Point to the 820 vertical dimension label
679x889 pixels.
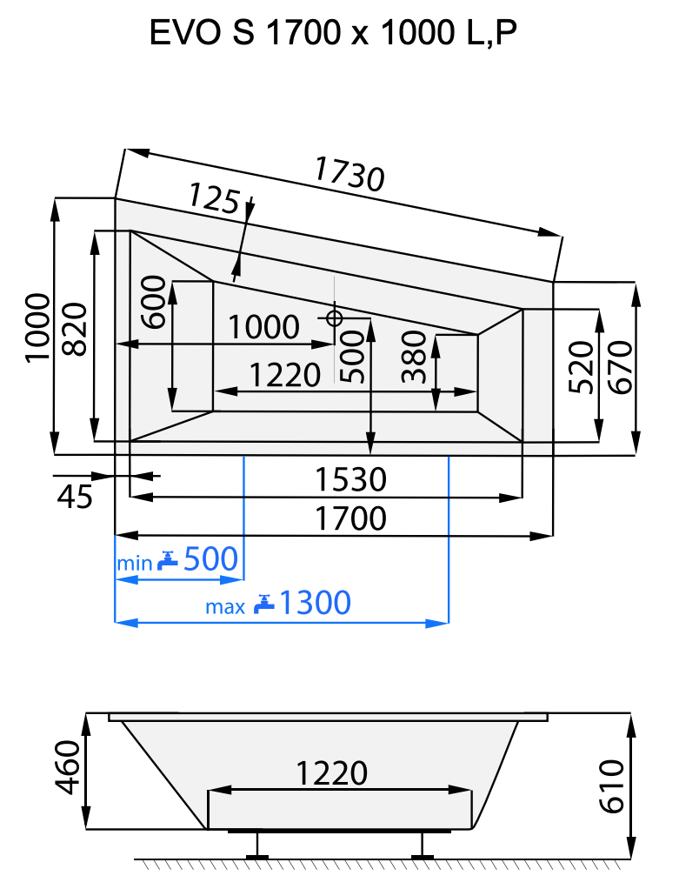(x=76, y=330)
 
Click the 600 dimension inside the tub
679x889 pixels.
(x=154, y=301)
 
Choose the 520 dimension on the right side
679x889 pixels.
(x=580, y=367)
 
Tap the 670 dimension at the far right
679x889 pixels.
(x=618, y=367)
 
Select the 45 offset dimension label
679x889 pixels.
(x=74, y=497)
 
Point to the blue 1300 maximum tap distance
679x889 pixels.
(x=315, y=602)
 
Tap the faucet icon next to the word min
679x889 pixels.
(x=168, y=560)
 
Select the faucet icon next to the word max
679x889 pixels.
(x=264, y=603)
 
